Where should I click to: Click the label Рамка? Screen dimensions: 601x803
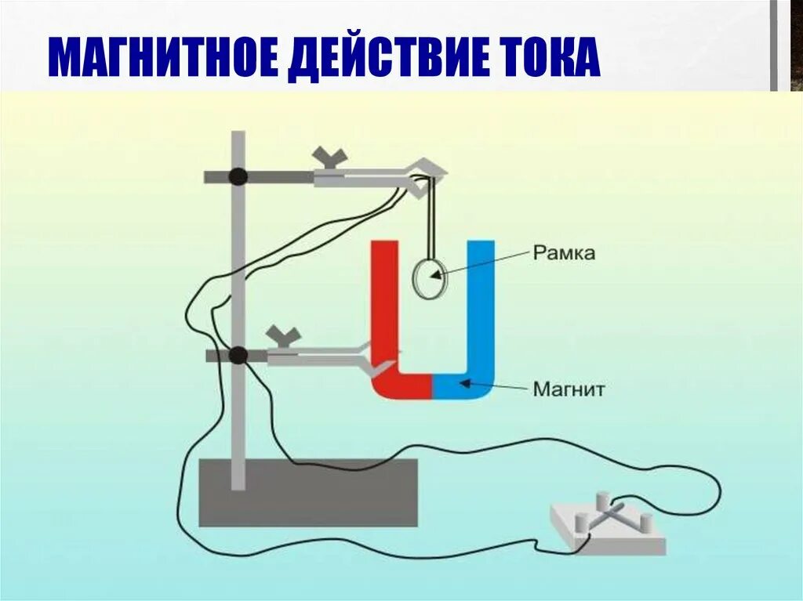[564, 253]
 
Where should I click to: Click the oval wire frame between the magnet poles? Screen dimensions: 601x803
[429, 278]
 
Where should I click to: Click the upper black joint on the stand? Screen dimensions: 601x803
[238, 176]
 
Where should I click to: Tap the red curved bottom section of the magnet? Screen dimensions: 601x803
[401, 385]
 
